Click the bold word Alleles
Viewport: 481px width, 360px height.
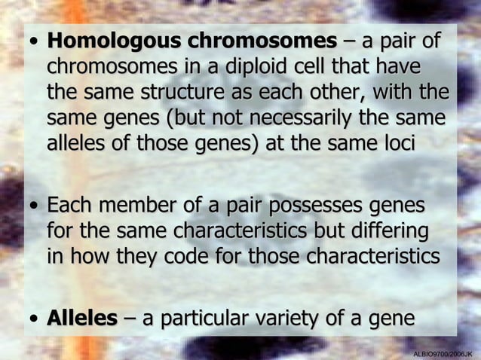82,319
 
